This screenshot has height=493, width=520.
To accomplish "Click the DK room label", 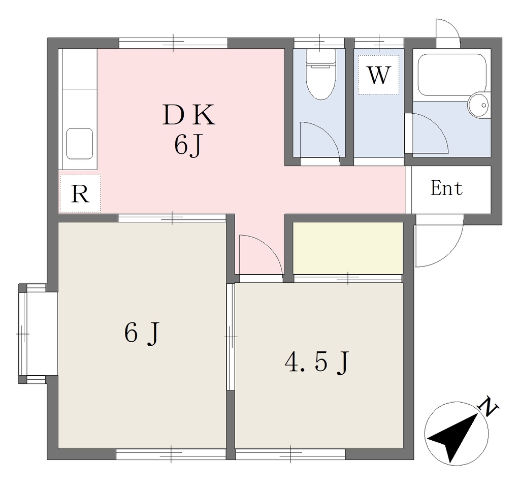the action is [x=189, y=115].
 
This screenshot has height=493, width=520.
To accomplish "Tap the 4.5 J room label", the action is [x=317, y=363].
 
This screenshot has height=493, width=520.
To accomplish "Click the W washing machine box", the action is [x=378, y=75].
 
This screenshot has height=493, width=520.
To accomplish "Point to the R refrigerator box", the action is [x=80, y=193].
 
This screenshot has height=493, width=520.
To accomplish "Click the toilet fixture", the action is [x=320, y=74].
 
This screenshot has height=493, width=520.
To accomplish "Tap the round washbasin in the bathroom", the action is [x=478, y=105].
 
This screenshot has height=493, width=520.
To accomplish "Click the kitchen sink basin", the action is [x=79, y=144].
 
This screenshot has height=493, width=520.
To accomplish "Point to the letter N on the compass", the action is [x=488, y=406].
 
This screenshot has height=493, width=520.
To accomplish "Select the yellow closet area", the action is [x=348, y=248].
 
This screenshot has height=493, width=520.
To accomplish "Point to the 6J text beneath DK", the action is [x=188, y=145].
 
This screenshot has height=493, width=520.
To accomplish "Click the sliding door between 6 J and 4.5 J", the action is [x=231, y=337].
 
